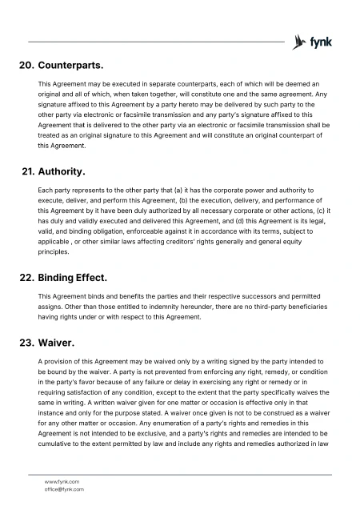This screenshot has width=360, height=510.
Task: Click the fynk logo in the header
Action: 313,42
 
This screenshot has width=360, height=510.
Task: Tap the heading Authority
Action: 62,171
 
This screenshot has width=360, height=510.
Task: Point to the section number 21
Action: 26,171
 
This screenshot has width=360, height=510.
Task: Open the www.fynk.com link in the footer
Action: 62,481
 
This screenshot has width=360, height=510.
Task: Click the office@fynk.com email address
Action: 64,488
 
